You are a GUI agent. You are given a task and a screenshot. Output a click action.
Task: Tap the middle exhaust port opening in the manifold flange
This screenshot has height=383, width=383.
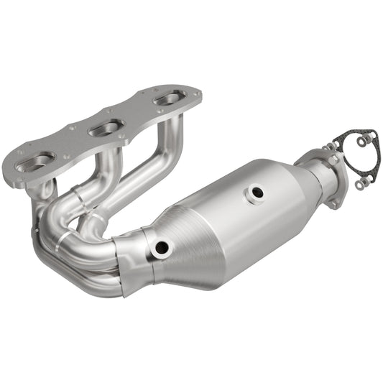click(x=106, y=128)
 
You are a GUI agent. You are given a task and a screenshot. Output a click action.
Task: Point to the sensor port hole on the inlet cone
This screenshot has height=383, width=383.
click(x=161, y=248)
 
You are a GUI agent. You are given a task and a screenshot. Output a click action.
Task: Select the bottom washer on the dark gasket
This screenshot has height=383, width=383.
click(x=359, y=185)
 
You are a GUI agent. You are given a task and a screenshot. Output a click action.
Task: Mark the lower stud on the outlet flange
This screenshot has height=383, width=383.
click(x=335, y=205)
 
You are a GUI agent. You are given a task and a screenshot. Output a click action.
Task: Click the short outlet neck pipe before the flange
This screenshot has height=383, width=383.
click(x=313, y=173)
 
